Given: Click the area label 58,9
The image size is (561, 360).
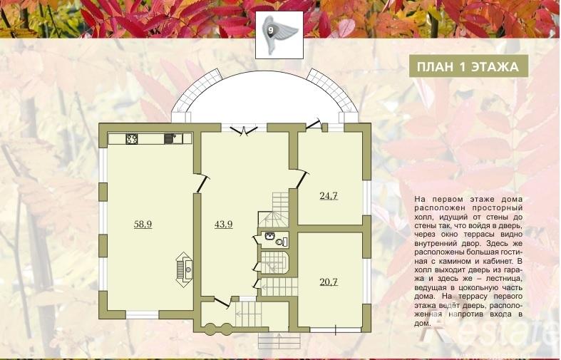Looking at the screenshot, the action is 143,225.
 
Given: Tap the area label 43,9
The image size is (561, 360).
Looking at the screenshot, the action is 224,225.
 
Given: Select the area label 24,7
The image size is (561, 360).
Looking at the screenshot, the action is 329,196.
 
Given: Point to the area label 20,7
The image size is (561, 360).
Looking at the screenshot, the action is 329,282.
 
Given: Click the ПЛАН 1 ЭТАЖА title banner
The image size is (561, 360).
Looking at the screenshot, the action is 469,66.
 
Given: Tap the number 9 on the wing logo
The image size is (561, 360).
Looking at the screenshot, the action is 271,31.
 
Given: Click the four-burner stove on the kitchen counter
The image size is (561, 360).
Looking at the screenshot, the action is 131,138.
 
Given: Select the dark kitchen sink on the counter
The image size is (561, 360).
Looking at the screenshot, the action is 168,138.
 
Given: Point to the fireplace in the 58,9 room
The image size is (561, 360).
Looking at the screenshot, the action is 185,269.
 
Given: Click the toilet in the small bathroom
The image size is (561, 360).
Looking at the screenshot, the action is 282,242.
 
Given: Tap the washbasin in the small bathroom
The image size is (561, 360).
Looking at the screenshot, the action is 269,236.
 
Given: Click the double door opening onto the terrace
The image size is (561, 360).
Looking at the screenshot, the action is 244,130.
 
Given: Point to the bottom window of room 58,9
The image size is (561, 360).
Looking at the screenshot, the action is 143,315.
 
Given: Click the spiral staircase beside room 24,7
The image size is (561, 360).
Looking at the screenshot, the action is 273,210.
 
